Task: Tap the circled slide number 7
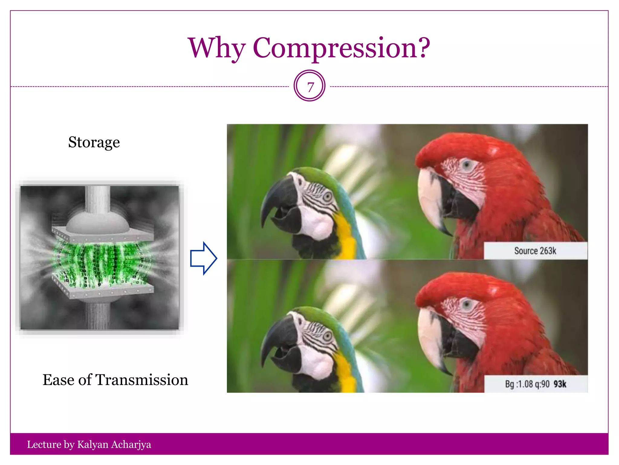(x=309, y=86)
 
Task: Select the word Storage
(x=94, y=142)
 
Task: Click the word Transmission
(x=142, y=380)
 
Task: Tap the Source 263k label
(x=535, y=251)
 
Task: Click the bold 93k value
(x=560, y=384)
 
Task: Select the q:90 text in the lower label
(x=542, y=384)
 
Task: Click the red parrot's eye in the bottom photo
(x=467, y=304)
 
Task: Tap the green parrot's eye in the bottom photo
(x=327, y=336)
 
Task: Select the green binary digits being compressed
(x=100, y=260)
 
